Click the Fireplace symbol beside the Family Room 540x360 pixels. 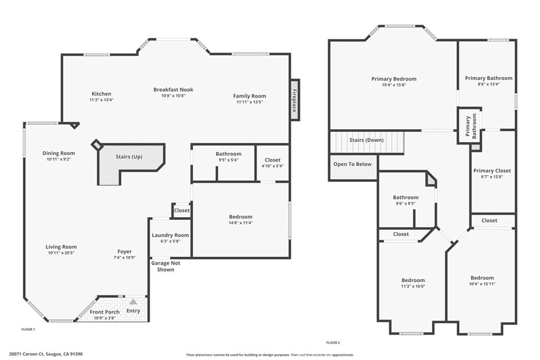295,100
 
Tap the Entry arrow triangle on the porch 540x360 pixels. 133,302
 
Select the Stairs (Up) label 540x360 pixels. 129,157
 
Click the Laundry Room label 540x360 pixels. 170,235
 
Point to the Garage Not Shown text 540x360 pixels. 166,266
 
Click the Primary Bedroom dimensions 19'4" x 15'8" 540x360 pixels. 393,85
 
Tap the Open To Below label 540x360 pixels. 352,164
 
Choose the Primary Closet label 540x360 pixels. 492,171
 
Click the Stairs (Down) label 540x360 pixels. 366,140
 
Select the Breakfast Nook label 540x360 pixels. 173,90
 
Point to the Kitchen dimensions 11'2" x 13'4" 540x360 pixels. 101,100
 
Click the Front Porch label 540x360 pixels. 105,312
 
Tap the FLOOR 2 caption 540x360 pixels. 333,343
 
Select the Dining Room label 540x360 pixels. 59,153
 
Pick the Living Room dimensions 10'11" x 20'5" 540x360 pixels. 61,252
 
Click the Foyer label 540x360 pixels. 124,251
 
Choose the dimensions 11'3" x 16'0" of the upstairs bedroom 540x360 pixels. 413,286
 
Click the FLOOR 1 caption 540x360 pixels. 28,329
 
